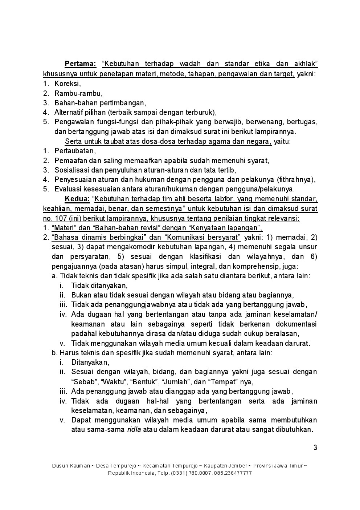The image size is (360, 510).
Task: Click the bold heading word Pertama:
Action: pos(80,64)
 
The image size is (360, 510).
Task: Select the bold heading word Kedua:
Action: pos(77,199)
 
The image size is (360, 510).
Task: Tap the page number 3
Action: pos(315,448)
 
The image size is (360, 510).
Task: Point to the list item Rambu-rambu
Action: pos(78,93)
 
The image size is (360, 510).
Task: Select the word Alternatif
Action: pos(69,112)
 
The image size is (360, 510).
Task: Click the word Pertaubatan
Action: pos(75,151)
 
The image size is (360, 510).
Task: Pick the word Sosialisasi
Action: pos(71,170)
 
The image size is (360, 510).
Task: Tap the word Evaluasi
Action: pos(68,189)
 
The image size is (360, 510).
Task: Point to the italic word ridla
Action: pos(134,430)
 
